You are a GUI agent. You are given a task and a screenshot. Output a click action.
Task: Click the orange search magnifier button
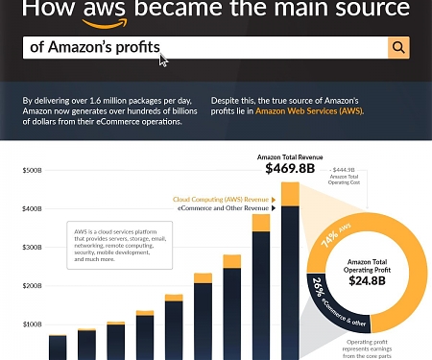tap(398, 48)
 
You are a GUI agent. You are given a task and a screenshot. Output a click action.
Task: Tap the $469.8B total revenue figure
tap(290, 169)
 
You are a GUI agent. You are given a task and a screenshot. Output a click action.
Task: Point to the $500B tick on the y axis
tap(32, 171)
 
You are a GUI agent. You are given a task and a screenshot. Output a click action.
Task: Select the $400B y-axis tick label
tap(32, 209)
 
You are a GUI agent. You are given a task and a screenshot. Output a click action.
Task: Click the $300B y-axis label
tap(32, 248)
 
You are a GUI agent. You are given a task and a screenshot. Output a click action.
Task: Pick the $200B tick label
tap(32, 286)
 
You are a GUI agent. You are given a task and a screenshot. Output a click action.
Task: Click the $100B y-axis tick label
tap(32, 324)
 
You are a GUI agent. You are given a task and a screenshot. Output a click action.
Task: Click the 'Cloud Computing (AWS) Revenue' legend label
tap(221, 200)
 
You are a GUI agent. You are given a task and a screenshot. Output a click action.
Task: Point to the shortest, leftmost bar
tap(58, 347)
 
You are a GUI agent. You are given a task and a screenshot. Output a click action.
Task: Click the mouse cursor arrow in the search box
tap(163, 60)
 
